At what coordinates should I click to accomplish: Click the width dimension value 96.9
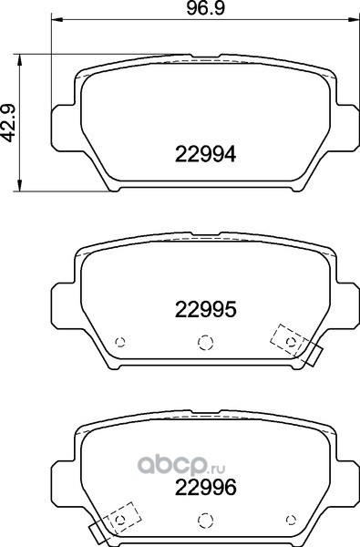coord(205,8)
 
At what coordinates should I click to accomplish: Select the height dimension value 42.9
coord(9,123)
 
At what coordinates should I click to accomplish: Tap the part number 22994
coord(205,154)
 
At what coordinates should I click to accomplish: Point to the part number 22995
coord(205,309)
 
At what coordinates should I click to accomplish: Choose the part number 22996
coord(205,488)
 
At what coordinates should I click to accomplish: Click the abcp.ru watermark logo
coord(181,465)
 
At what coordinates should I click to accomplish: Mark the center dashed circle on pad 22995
coord(205,342)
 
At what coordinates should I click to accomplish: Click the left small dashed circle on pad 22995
coord(120,342)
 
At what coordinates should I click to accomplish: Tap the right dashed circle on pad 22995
coord(291,342)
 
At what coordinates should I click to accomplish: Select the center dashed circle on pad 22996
coord(205,521)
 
